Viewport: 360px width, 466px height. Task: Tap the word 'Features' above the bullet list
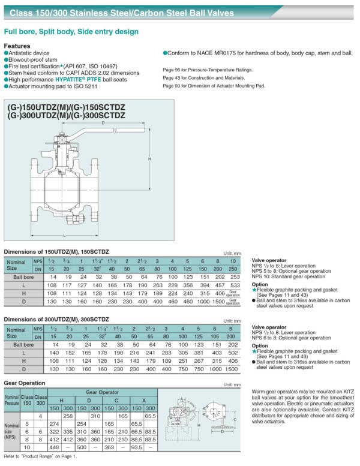point(17,46)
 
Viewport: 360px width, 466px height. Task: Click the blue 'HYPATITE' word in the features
point(71,79)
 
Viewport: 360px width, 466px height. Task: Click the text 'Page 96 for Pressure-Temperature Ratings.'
point(208,70)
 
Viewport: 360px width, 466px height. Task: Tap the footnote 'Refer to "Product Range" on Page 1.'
point(40,456)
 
